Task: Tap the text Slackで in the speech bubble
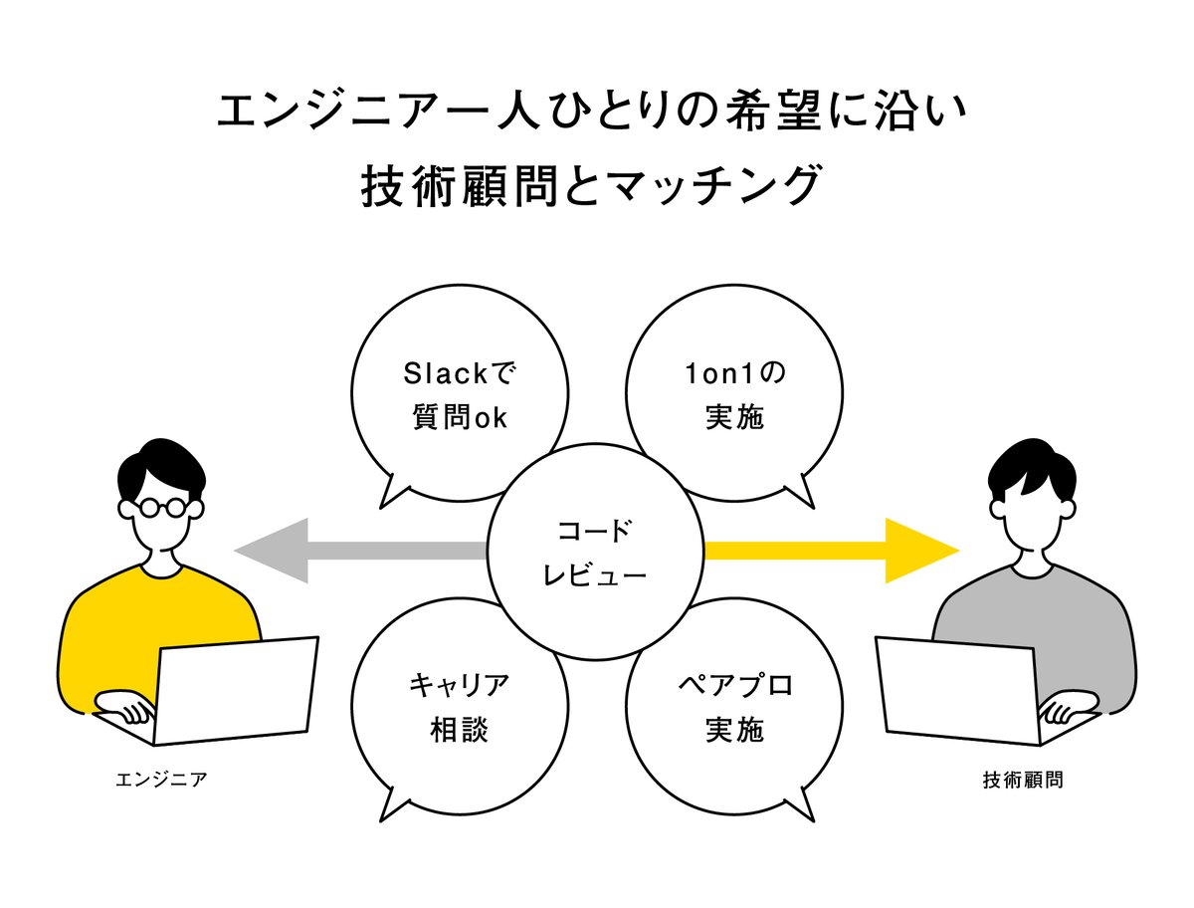click(459, 373)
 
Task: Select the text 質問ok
click(460, 418)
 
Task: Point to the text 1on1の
click(734, 373)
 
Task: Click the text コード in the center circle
click(595, 531)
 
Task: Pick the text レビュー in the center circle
click(595, 574)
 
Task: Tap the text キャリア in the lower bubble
click(460, 686)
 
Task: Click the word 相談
click(460, 730)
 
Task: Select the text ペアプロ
click(735, 686)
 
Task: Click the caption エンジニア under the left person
click(161, 780)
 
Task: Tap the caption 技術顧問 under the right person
click(1023, 780)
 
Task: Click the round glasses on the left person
click(160, 508)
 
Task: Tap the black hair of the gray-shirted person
click(1032, 468)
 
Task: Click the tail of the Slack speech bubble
click(389, 494)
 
